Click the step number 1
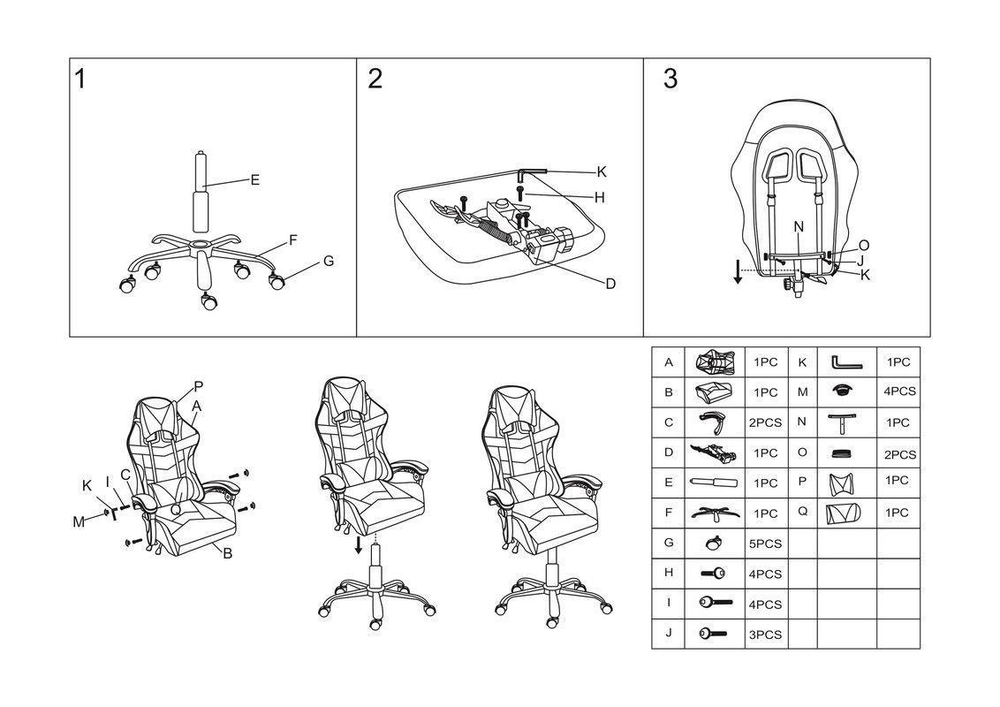coord(80,80)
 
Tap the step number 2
coord(375,80)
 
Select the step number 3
coord(670,80)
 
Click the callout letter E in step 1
coord(254,180)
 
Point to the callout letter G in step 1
coord(329,261)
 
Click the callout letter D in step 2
coord(610,284)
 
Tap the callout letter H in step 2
coord(599,198)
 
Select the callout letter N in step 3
coord(799,227)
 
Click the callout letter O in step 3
coord(864,246)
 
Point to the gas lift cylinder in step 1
coord(201,190)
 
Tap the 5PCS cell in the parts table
coord(765,544)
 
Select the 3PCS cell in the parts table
coord(765,635)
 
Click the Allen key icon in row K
coord(845,362)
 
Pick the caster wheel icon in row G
coord(715,543)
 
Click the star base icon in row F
coord(715,513)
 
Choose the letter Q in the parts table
coord(802,512)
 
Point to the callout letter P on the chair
coord(198,386)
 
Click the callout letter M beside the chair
coord(78,521)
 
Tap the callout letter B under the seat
coord(227,554)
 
